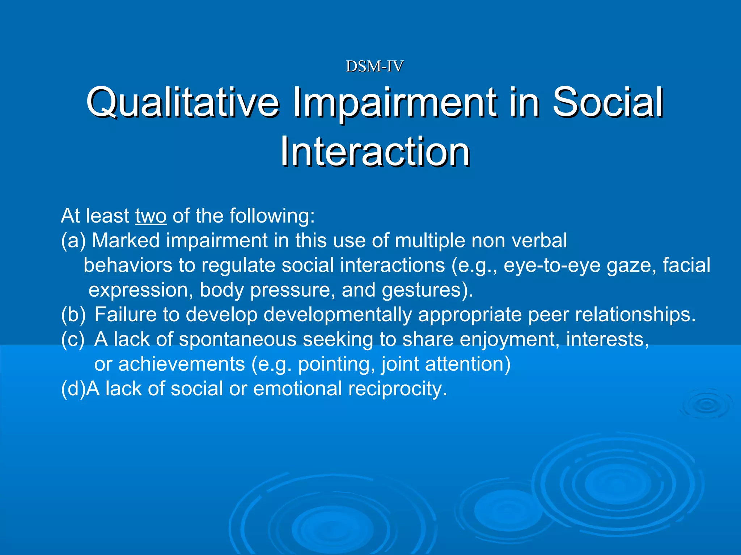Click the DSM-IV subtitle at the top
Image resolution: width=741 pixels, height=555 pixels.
pyautogui.click(x=374, y=66)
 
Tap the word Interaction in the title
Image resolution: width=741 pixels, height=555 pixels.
pyautogui.click(x=375, y=151)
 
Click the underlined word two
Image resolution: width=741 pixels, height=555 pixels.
pyautogui.click(x=151, y=216)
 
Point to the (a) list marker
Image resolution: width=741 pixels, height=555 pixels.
pyautogui.click(x=73, y=241)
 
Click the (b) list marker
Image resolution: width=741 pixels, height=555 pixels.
pyautogui.click(x=73, y=314)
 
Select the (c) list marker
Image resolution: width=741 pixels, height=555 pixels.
pyautogui.click(x=73, y=339)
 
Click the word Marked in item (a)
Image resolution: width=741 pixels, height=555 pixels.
pyautogui.click(x=126, y=241)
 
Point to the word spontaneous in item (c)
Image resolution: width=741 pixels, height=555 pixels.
pyautogui.click(x=238, y=339)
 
